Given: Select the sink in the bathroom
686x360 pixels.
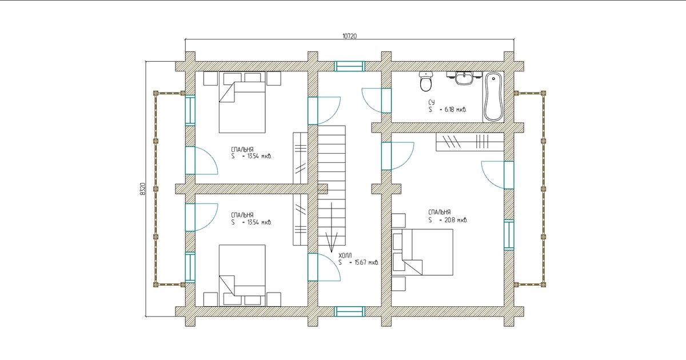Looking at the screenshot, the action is point(464,78).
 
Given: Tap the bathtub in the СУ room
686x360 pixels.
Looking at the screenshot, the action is point(493,97).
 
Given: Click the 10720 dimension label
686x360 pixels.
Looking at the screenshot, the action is point(349,36).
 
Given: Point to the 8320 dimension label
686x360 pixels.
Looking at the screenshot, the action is point(142,189).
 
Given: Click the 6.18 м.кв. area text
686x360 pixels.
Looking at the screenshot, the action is point(455,110).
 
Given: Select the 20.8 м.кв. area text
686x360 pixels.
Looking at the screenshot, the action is point(456,220).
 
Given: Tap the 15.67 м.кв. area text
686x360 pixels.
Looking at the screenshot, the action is point(366,262).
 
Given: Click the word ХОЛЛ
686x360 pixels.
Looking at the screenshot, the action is point(345,255).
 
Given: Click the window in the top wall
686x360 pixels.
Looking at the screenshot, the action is point(349,66).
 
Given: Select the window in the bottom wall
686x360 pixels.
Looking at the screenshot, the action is point(349,311).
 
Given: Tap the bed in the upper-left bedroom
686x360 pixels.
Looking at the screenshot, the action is point(242,102).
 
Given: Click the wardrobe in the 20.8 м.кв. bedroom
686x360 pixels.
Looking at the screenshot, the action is point(470,142).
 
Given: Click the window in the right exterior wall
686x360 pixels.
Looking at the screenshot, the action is point(509,235).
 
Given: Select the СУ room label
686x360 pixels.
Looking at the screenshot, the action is point(432,102).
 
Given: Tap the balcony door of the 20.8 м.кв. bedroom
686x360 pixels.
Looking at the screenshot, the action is point(509,175).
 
